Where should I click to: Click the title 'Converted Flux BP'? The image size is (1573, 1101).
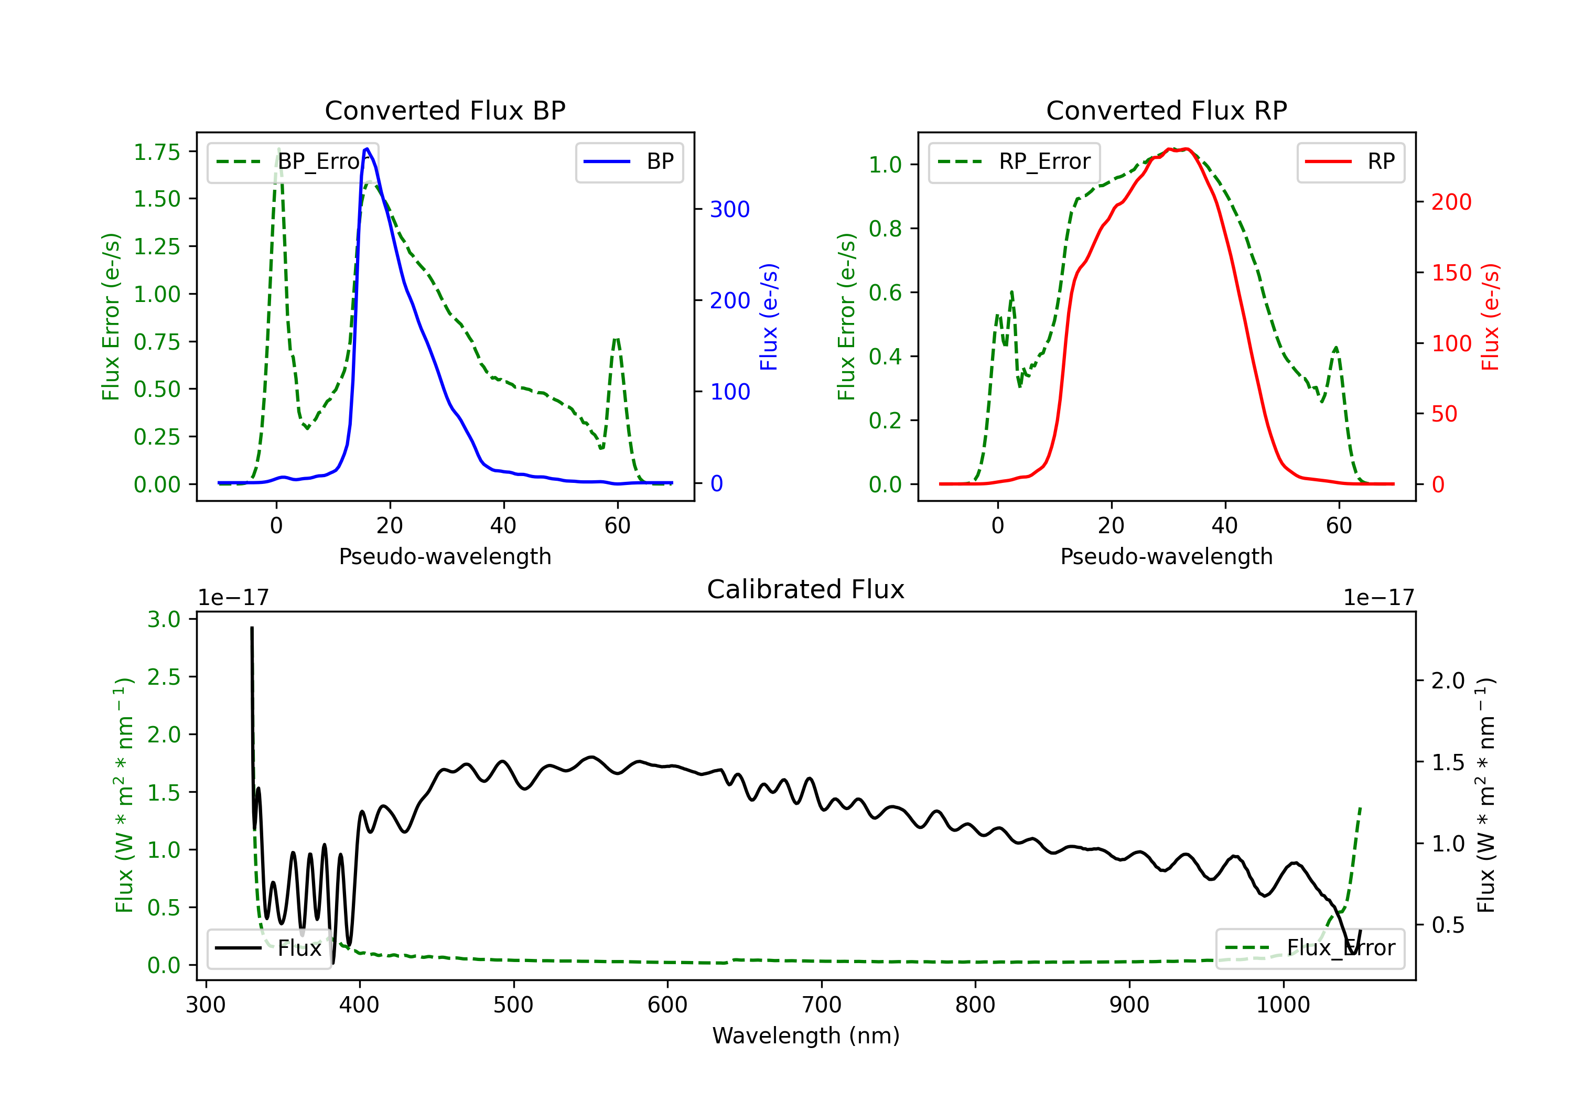pyautogui.click(x=445, y=110)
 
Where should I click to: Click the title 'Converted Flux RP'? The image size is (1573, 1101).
pyautogui.click(x=1166, y=110)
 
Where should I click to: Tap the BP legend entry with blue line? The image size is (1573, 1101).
pyautogui.click(x=629, y=161)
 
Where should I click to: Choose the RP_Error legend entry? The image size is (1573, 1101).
pyautogui.click(x=1014, y=161)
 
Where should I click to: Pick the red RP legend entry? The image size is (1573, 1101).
pyautogui.click(x=1350, y=161)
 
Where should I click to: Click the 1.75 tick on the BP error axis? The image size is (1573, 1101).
pyautogui.click(x=157, y=152)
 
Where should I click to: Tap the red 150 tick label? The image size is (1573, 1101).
pyautogui.click(x=1451, y=273)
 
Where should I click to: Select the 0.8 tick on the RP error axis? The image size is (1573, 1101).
pyautogui.click(x=885, y=228)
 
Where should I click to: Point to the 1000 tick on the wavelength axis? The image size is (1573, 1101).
pyautogui.click(x=1283, y=1005)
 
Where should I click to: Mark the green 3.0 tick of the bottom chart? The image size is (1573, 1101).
pyautogui.click(x=164, y=619)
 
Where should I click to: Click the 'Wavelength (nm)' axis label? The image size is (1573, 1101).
pyautogui.click(x=806, y=1035)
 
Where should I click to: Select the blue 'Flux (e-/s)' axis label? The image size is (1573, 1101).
pyautogui.click(x=769, y=317)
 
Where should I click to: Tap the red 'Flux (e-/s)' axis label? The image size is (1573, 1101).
pyautogui.click(x=1490, y=317)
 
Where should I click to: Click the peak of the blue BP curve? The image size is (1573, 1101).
pyautogui.click(x=367, y=149)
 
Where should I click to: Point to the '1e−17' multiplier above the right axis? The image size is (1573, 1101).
pyautogui.click(x=1378, y=598)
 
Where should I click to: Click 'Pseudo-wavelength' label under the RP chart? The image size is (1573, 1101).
pyautogui.click(x=1166, y=556)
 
